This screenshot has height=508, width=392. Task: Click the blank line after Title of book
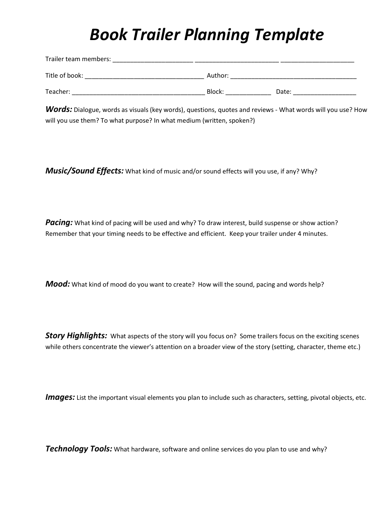[x=144, y=76]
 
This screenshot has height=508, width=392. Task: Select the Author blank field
[x=293, y=76]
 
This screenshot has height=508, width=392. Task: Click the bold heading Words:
[x=59, y=109]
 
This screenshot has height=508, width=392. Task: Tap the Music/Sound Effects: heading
[x=84, y=171]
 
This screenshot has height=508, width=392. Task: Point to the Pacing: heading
[x=59, y=223]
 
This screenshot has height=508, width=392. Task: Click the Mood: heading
[x=57, y=284]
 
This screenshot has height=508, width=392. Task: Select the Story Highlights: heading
[x=76, y=336]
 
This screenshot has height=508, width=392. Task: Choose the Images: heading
[x=60, y=397]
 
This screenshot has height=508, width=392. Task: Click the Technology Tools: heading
[x=78, y=449]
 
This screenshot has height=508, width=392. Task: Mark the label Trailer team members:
[x=78, y=59]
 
